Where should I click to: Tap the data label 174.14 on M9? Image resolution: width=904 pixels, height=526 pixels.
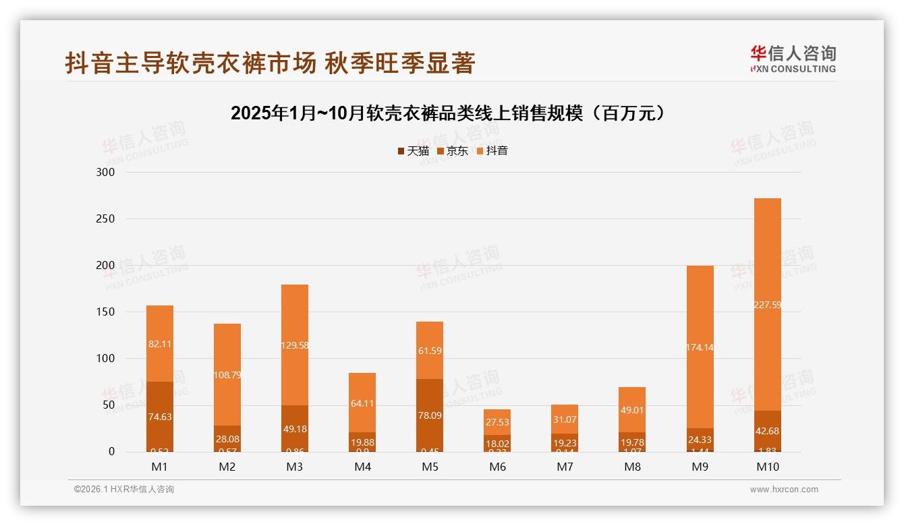[x=700, y=348]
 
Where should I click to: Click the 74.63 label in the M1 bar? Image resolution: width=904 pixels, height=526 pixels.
[x=160, y=417]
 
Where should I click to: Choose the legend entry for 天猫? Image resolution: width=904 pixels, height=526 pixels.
[x=413, y=151]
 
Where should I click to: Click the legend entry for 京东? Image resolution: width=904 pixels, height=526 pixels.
[x=453, y=151]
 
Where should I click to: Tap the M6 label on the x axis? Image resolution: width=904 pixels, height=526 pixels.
[x=497, y=467]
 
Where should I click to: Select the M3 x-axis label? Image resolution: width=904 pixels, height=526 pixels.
[x=295, y=467]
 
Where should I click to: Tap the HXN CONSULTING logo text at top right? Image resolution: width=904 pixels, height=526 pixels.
[x=793, y=69]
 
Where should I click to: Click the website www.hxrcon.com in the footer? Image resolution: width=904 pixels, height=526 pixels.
[x=784, y=490]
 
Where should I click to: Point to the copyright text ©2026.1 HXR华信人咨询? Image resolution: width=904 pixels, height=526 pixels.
[x=124, y=490]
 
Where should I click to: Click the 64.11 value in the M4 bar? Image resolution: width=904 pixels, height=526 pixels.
[x=362, y=403]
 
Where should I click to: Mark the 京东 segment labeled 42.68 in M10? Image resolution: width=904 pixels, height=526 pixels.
[x=767, y=431]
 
